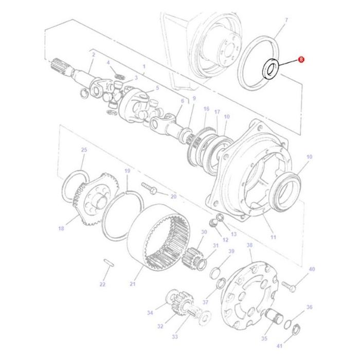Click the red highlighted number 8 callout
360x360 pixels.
coord(301,60)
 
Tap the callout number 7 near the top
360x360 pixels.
coord(286,20)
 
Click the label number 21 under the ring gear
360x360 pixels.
coord(133,284)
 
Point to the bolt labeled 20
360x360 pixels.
coord(149,188)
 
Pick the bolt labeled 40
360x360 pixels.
coord(289,286)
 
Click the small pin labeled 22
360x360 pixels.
coord(109,263)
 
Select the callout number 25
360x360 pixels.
coord(84,150)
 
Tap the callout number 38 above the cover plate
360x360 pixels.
coord(249,245)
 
